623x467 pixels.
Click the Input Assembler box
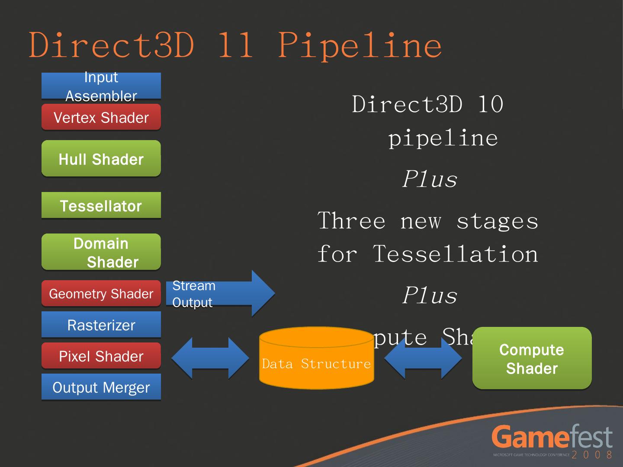(x=101, y=86)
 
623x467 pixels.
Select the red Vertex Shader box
(x=101, y=117)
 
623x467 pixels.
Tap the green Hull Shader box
(x=101, y=159)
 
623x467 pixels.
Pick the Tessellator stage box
(x=101, y=205)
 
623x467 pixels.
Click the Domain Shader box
(x=101, y=252)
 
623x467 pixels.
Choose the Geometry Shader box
(x=101, y=294)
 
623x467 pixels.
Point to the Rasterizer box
(x=101, y=325)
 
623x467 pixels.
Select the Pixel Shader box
(x=101, y=356)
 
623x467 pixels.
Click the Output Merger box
(x=101, y=387)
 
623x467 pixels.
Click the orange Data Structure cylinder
(x=316, y=359)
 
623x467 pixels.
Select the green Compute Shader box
(x=532, y=358)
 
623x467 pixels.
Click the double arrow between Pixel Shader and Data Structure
(x=210, y=358)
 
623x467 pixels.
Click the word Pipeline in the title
(x=360, y=45)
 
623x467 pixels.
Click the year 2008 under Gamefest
(x=592, y=455)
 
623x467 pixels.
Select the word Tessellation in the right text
(x=455, y=254)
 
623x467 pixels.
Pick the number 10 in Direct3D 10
(x=490, y=105)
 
